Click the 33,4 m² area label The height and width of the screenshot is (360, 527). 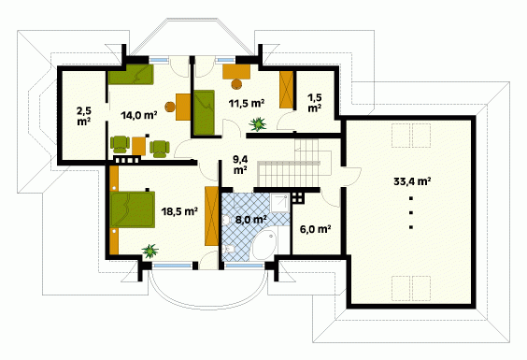coord(412,181)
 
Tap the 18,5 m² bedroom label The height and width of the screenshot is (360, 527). coord(179,211)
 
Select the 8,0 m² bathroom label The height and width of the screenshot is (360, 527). coord(251,220)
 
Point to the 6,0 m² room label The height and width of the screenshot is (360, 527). coord(315,229)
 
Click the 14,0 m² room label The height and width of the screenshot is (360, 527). coord(139,115)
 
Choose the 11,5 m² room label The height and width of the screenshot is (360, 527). coord(247,103)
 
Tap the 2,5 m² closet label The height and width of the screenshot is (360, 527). coord(84,116)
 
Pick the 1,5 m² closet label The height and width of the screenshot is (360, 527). coord(315,103)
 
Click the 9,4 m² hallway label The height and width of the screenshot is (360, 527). coord(241,165)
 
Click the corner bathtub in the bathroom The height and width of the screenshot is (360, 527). coord(264,245)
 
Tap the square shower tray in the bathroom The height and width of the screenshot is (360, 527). coord(279,203)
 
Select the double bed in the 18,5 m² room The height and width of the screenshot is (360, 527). coord(133,209)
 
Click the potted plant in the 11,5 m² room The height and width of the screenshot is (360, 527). coord(258,123)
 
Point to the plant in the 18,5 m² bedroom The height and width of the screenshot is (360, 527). coord(150,251)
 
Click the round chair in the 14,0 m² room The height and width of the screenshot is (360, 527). coord(170,107)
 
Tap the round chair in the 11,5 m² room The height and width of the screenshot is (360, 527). coord(237,84)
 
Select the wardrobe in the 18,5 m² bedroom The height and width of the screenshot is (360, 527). coord(211,216)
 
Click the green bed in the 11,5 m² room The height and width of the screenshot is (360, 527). coord(204,112)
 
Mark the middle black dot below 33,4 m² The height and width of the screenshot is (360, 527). coord(411,212)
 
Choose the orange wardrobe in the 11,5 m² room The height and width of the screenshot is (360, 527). coord(287,90)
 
